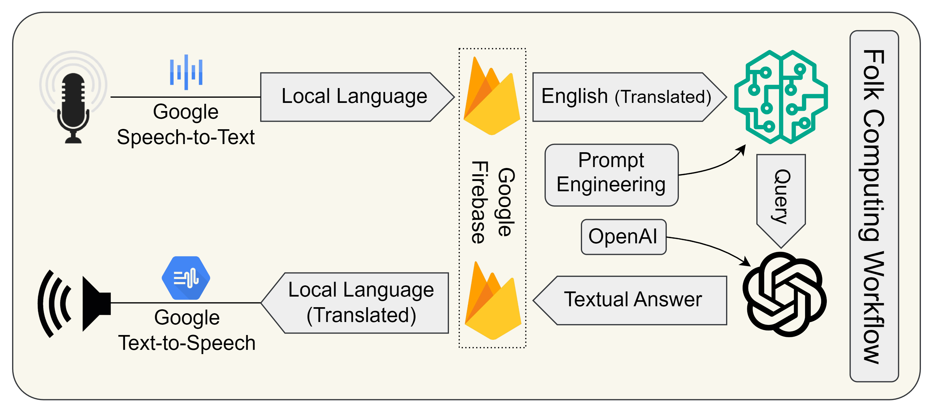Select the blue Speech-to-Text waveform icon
(x=186, y=72)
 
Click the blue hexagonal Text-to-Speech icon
(x=186, y=278)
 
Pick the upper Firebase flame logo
(x=492, y=97)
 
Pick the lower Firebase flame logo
(x=493, y=302)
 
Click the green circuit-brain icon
(x=781, y=97)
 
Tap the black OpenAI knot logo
(x=784, y=294)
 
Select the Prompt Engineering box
(x=611, y=175)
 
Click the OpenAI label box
(x=623, y=237)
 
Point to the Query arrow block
(x=781, y=197)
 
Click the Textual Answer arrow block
(x=632, y=300)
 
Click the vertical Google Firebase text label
(x=493, y=202)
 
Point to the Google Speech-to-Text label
(x=186, y=124)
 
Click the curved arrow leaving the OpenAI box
(x=710, y=246)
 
